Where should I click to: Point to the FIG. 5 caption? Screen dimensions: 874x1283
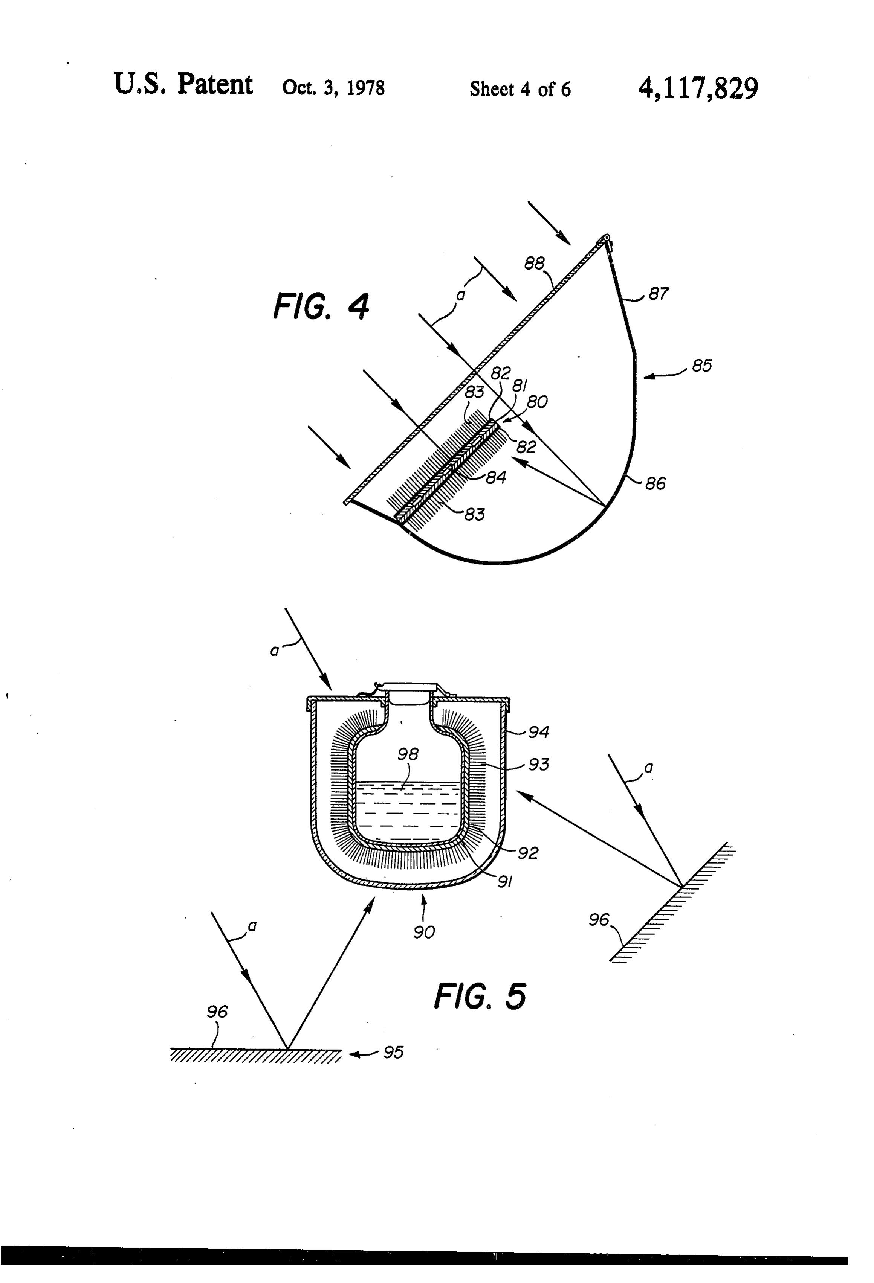[x=480, y=996]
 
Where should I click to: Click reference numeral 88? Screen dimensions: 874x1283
[x=534, y=264]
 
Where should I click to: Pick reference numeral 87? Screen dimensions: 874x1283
[x=659, y=293]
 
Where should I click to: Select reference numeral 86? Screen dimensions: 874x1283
[x=655, y=484]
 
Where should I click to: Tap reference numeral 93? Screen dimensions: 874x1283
[x=539, y=765]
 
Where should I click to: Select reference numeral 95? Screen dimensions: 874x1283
[x=393, y=1052]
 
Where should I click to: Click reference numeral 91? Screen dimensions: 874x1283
[x=505, y=882]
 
